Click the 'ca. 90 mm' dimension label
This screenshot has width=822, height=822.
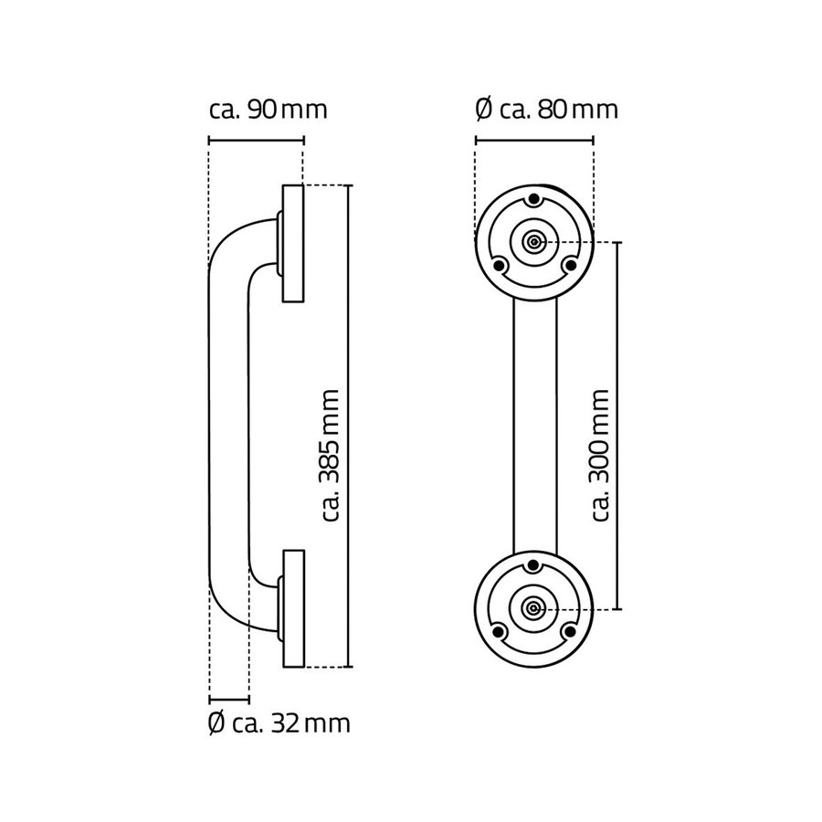pyautogui.click(x=268, y=110)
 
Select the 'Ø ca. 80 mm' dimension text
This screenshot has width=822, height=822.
pyautogui.click(x=547, y=110)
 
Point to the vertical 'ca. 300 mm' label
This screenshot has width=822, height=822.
pyautogui.click(x=600, y=454)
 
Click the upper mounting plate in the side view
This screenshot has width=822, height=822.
pyautogui.click(x=292, y=244)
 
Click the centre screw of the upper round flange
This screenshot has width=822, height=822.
pyautogui.click(x=534, y=243)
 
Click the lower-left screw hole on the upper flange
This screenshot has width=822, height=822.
pyautogui.click(x=499, y=265)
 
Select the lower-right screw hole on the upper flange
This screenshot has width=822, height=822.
pyautogui.click(x=571, y=265)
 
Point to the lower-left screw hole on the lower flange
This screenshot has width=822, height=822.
pyautogui.click(x=499, y=631)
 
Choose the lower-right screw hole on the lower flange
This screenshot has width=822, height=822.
pyautogui.click(x=571, y=631)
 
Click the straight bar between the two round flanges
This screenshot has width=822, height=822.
pyautogui.click(x=535, y=425)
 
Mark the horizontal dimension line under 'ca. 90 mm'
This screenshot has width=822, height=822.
pyautogui.click(x=256, y=141)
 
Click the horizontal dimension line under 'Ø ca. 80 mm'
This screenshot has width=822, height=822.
pyautogui.click(x=534, y=141)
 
